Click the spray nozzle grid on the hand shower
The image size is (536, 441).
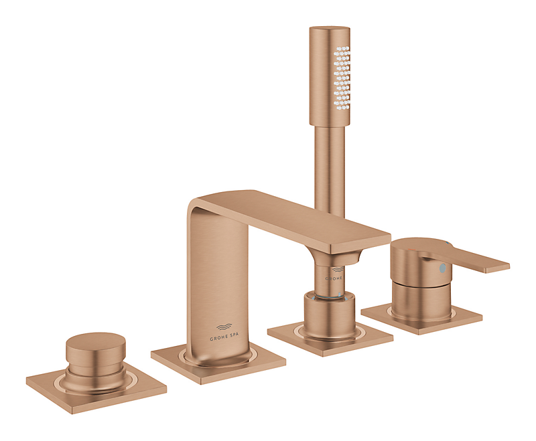(x=341, y=77)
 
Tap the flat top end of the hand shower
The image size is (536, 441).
(x=330, y=29)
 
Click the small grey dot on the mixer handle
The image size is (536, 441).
(x=440, y=268)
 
